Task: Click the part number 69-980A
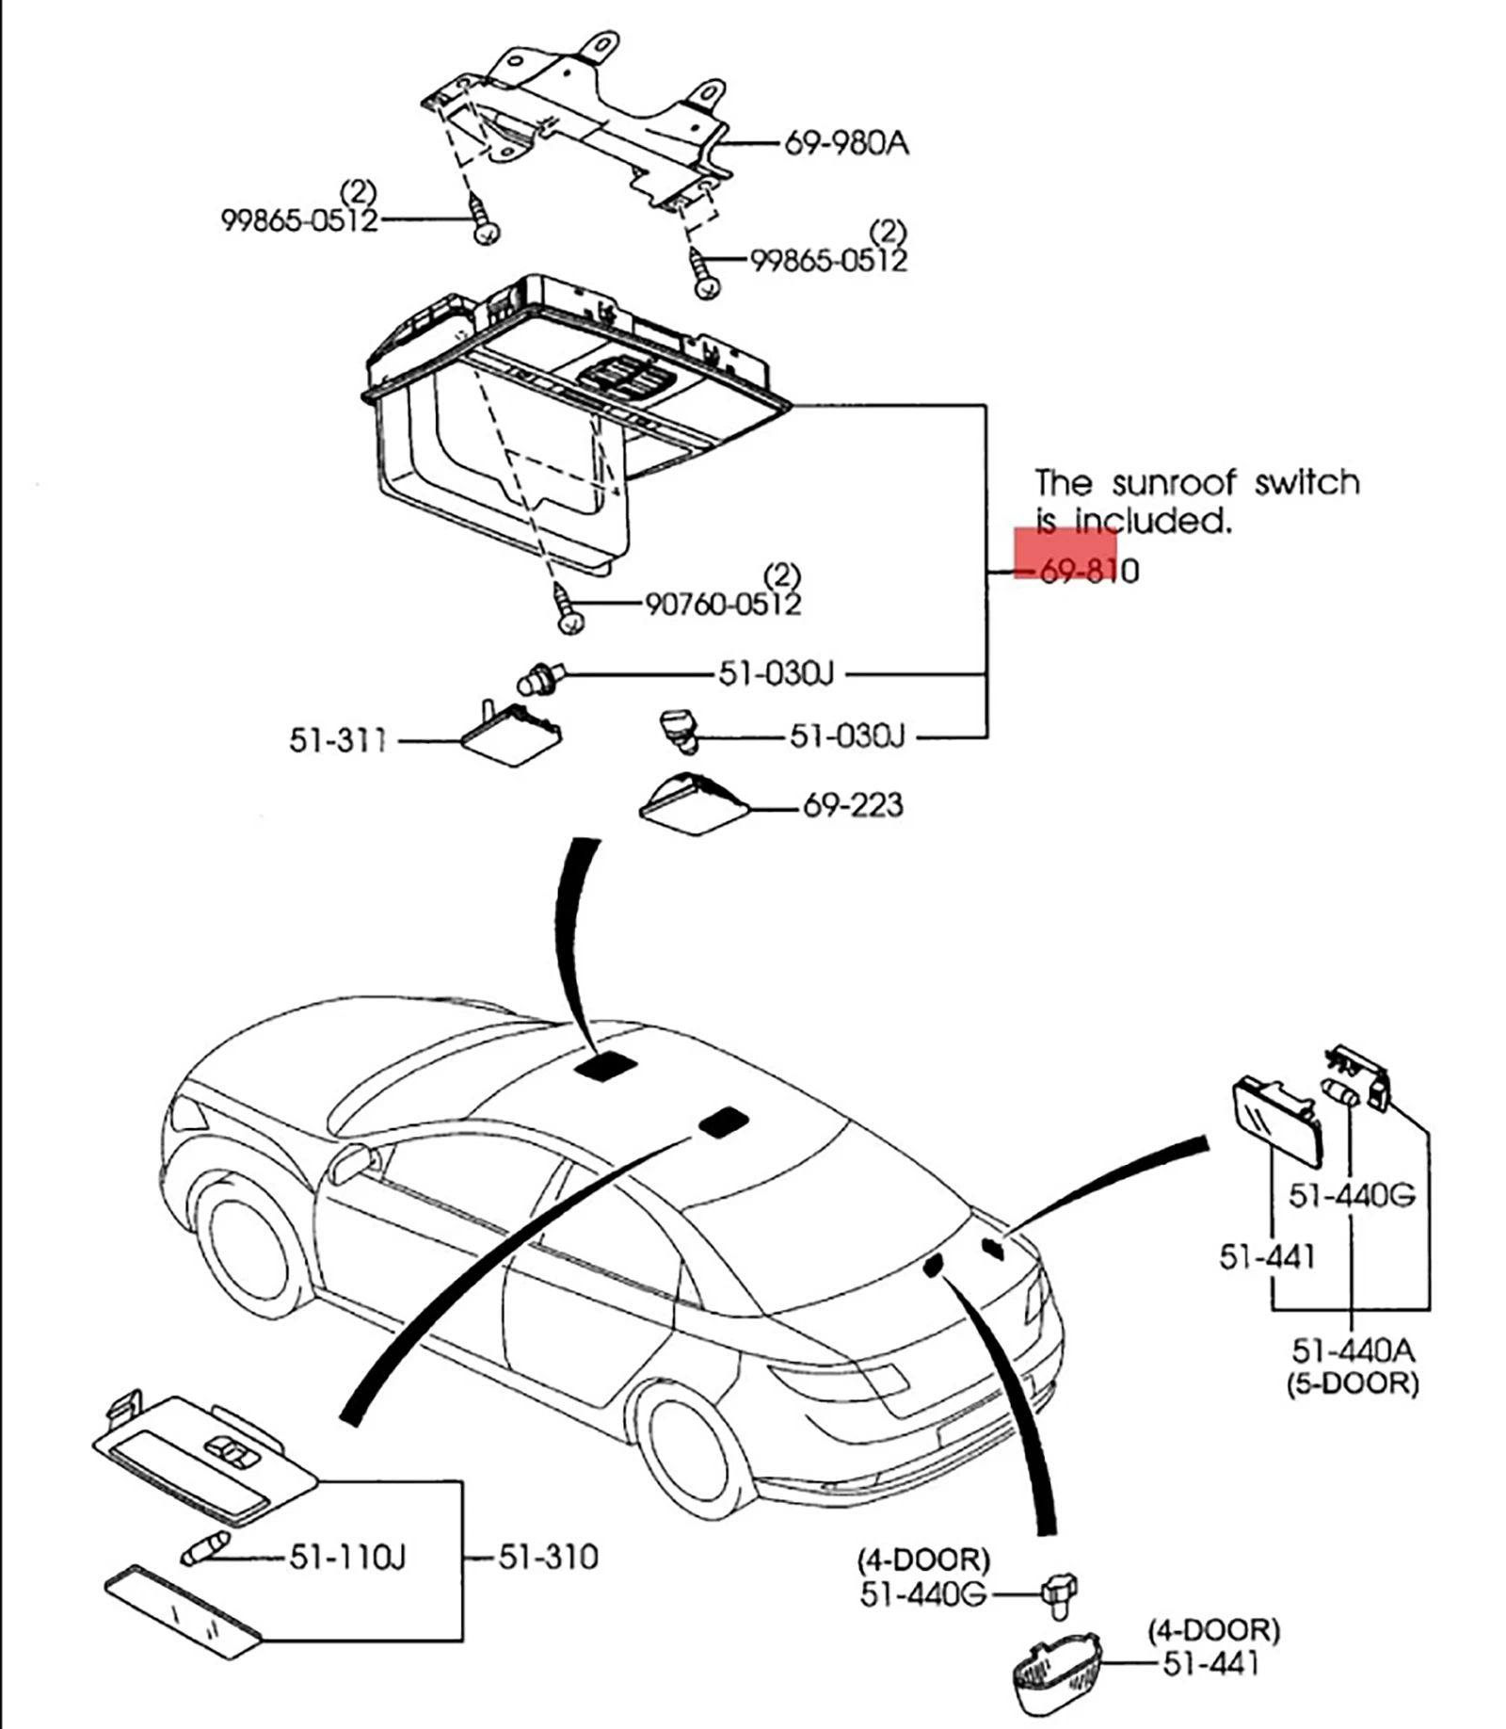click(846, 144)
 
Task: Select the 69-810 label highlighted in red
click(1089, 571)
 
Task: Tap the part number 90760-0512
click(723, 604)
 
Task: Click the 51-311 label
click(338, 740)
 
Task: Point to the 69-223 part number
click(853, 805)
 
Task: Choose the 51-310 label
click(548, 1558)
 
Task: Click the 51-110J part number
click(347, 1558)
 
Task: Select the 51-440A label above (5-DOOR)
click(1353, 1350)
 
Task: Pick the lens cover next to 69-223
click(694, 805)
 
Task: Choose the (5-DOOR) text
click(1352, 1383)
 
